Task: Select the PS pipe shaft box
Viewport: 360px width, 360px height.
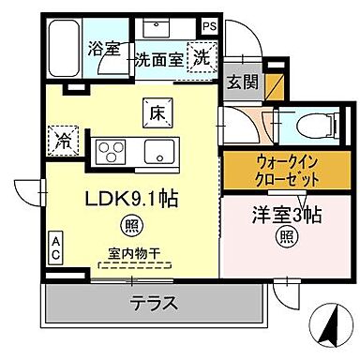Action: click(234, 27)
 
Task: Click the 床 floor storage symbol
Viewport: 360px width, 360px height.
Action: click(156, 111)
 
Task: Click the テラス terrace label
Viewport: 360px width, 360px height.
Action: click(153, 302)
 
